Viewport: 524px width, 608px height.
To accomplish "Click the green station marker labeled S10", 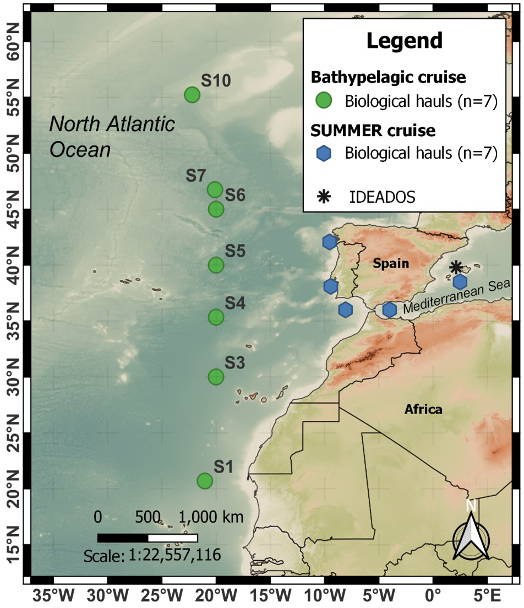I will (x=192, y=95).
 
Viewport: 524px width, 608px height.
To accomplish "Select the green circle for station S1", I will (x=205, y=481).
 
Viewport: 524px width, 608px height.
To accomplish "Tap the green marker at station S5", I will (x=216, y=265).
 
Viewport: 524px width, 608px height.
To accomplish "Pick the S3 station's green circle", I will (x=216, y=377).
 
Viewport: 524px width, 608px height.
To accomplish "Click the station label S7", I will (x=195, y=176).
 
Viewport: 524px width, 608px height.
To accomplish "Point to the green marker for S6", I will (x=216, y=209).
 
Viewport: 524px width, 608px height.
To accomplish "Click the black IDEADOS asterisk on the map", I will (x=455, y=267).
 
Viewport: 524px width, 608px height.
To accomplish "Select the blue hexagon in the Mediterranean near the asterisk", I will (x=460, y=281).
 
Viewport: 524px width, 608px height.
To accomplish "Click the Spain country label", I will (x=391, y=264).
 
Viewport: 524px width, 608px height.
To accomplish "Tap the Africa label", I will (x=423, y=409).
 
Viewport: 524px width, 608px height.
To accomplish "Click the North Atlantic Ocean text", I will (x=112, y=137).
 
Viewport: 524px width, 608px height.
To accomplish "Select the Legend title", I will (x=404, y=40).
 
